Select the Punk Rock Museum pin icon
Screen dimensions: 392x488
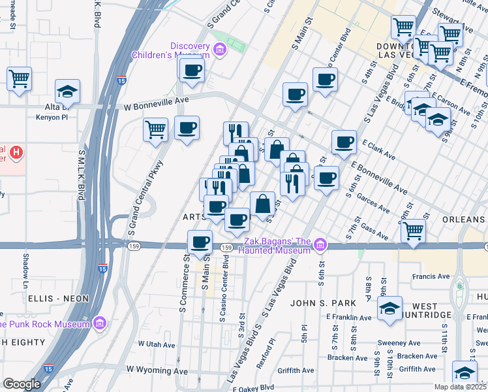click(99, 323)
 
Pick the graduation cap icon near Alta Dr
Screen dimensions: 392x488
click(67, 93)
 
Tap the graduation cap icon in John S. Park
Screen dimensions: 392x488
click(389, 308)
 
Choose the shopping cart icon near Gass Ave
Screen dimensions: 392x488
click(413, 230)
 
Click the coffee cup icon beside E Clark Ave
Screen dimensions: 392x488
click(344, 142)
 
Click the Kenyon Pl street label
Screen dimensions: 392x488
click(53, 118)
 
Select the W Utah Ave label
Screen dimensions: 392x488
click(157, 344)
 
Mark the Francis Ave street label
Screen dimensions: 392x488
click(431, 276)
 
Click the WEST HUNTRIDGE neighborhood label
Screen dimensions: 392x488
click(434, 310)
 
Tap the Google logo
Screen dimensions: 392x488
click(22, 384)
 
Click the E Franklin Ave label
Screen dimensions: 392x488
click(349, 318)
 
